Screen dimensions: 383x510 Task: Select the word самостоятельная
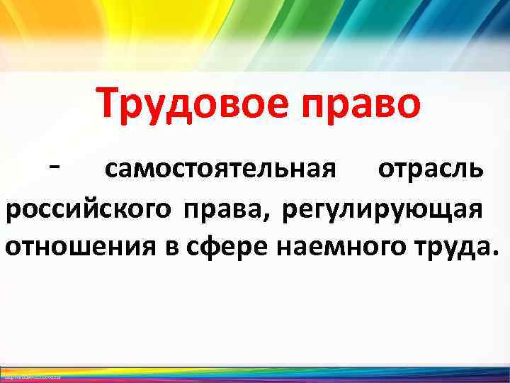coord(219,170)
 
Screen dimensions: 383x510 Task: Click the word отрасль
coord(431,170)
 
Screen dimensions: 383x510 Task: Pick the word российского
coord(87,211)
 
